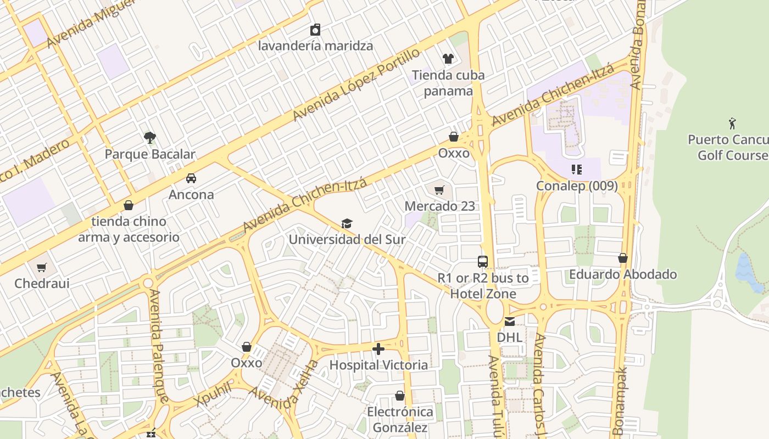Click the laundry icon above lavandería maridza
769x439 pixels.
click(315, 30)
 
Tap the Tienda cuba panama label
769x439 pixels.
click(448, 83)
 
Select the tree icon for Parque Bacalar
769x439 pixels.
click(149, 137)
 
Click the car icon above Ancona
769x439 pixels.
click(191, 178)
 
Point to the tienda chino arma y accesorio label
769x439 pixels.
click(129, 229)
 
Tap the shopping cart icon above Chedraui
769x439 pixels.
click(42, 268)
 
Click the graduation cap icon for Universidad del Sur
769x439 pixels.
click(347, 223)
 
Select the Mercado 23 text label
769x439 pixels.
click(439, 206)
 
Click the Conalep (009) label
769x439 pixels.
click(577, 186)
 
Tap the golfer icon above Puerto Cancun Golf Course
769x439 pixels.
click(732, 123)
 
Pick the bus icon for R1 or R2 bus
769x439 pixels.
click(483, 262)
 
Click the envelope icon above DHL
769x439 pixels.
click(510, 321)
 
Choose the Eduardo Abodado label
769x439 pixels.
click(623, 274)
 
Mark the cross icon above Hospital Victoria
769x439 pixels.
click(378, 349)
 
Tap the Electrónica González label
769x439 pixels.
click(400, 419)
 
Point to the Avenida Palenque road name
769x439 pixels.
click(157, 346)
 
